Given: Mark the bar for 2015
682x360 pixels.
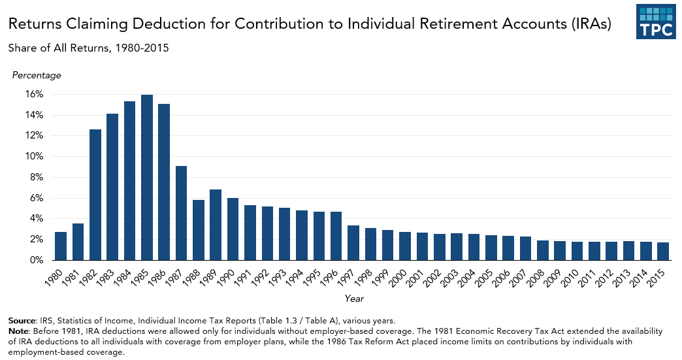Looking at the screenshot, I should pyautogui.click(x=663, y=252).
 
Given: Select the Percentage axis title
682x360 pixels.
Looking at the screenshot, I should pyautogui.click(x=37, y=75).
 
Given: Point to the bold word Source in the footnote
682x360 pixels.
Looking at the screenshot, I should pyautogui.click(x=22, y=321).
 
